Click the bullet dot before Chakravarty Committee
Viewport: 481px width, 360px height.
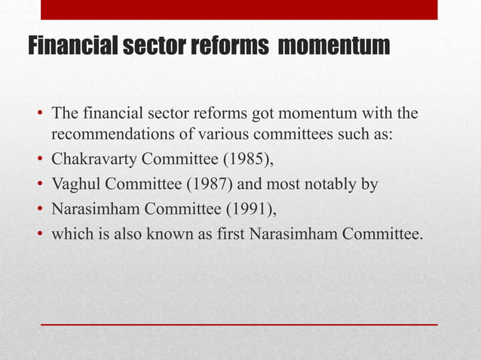[x=38, y=161]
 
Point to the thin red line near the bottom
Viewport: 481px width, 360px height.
[x=238, y=324]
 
